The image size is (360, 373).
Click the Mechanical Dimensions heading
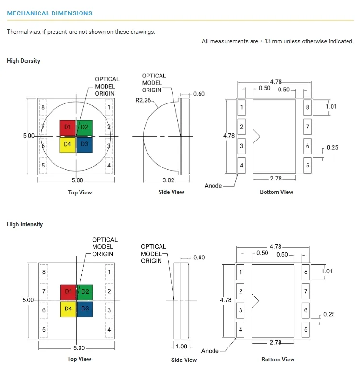tap(50, 13)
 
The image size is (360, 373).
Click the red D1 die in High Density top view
tap(67, 128)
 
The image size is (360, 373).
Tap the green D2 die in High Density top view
tap(85, 128)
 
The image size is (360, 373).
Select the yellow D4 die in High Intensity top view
tap(68, 309)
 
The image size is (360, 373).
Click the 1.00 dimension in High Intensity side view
tap(181, 347)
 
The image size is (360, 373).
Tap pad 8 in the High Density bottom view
tap(307, 107)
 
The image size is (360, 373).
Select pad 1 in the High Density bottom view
tap(242, 107)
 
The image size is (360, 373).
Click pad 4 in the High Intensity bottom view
tap(240, 330)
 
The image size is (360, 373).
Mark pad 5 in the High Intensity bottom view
tap(306, 330)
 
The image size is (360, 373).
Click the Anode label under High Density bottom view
tap(213, 186)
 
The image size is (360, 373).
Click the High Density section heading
tap(24, 61)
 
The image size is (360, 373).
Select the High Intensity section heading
tap(25, 224)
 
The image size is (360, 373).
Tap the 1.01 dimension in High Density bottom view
tap(331, 106)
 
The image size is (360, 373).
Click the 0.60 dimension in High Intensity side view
tap(199, 258)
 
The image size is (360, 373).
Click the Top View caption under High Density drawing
tap(80, 193)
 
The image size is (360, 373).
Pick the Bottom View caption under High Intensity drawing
tap(278, 360)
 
